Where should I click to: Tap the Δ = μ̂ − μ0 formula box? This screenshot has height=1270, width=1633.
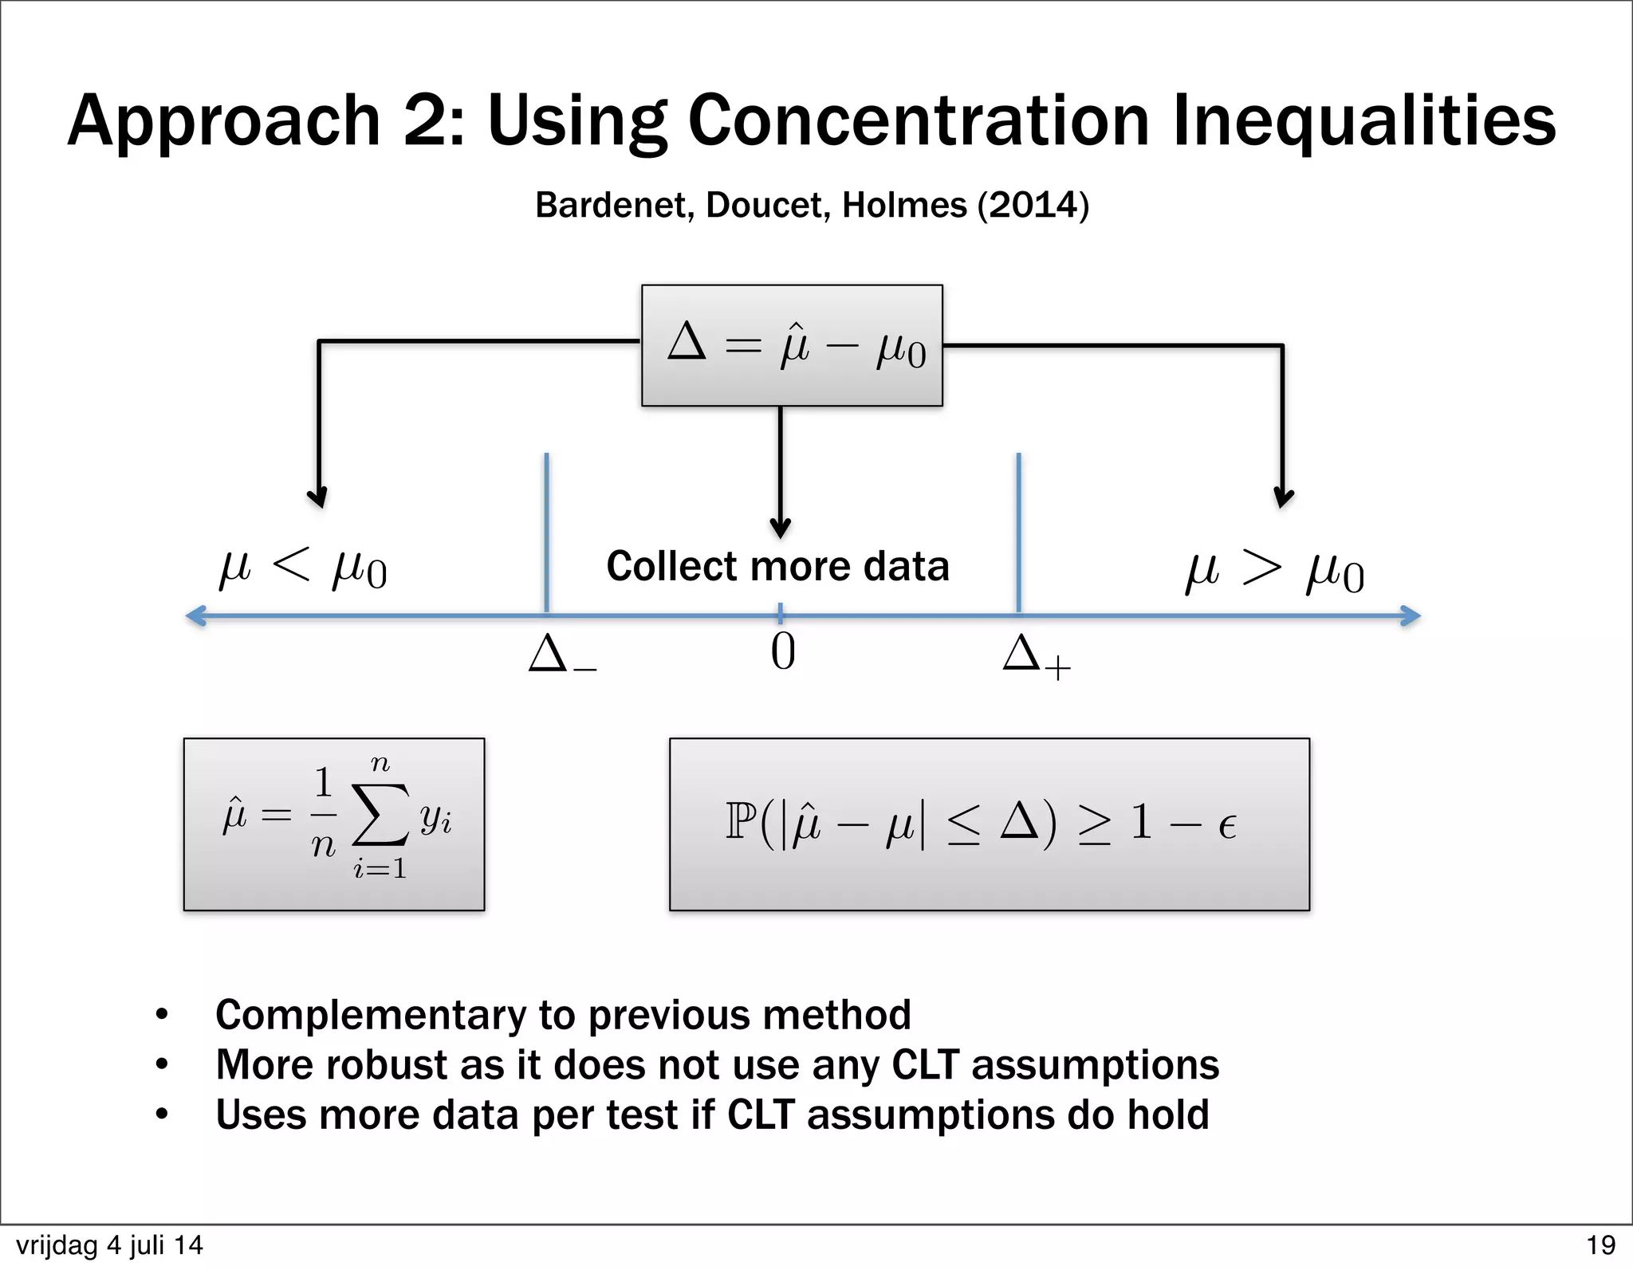(x=792, y=345)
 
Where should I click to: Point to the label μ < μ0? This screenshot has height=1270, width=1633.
(x=303, y=568)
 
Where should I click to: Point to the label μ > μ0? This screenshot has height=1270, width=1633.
(x=1274, y=572)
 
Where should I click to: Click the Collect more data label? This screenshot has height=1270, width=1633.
(x=777, y=566)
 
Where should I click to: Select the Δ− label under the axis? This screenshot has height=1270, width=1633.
(x=561, y=655)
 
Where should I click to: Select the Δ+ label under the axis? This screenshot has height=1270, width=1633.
(x=1035, y=656)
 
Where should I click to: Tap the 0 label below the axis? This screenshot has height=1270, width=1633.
(x=782, y=652)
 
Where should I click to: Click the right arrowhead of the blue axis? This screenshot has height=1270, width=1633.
(x=1411, y=615)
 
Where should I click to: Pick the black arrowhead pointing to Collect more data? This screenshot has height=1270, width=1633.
(x=780, y=528)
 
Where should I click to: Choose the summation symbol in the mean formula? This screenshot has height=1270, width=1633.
(x=380, y=814)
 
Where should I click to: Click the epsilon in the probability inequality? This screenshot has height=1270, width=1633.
(x=1226, y=826)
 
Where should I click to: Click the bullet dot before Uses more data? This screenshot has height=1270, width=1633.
(x=162, y=1114)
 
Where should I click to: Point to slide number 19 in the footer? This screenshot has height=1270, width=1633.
(x=1600, y=1245)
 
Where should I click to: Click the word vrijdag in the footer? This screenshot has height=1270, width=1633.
(x=57, y=1245)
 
